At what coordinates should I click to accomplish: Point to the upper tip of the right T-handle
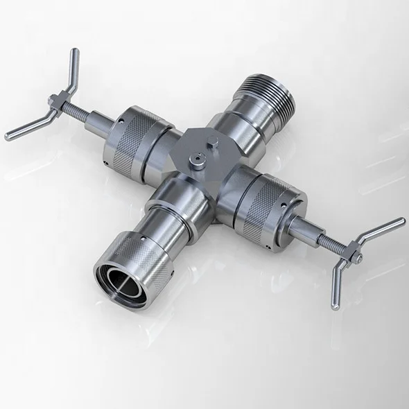coord(400,222)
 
